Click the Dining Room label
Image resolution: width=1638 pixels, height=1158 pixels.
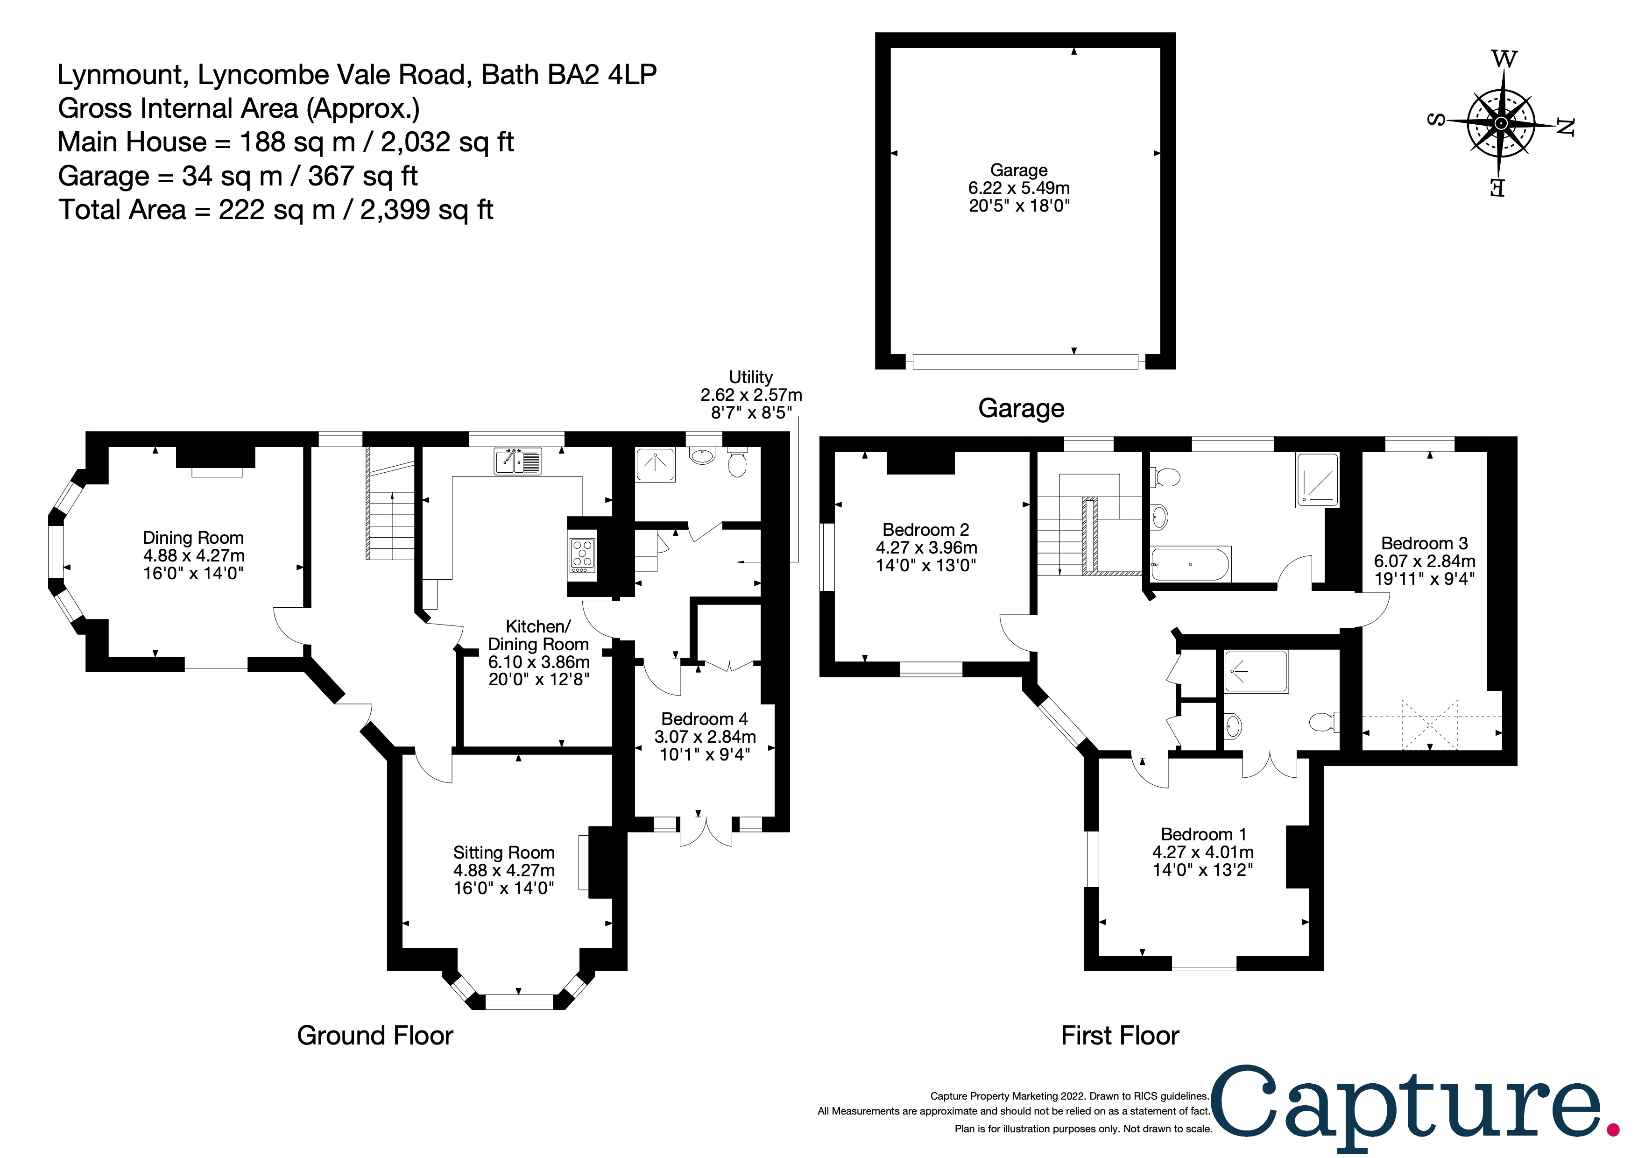point(193,538)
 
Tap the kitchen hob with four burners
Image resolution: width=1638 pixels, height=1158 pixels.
point(582,556)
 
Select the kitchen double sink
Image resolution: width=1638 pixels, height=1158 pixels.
point(517,462)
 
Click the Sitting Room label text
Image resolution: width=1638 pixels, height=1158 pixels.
point(504,853)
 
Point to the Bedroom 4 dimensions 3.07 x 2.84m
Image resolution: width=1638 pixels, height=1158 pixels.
point(705,736)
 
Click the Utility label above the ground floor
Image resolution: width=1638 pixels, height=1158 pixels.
point(750,377)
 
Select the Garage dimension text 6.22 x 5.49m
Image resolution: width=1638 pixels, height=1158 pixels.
point(1019,188)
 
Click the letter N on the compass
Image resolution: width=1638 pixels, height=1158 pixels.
point(1565,127)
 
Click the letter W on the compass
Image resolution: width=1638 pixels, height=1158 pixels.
point(1504,59)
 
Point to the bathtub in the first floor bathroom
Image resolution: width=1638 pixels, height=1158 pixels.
point(1190,564)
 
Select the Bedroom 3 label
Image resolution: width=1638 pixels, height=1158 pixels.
point(1424,544)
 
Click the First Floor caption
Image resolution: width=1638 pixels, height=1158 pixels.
point(1119,1035)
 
